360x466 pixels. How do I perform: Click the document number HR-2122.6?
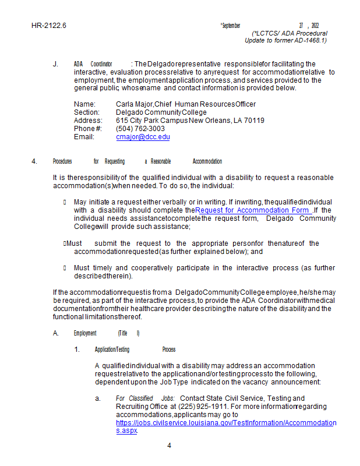coord(49,26)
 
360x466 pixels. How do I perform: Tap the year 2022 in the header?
coord(315,26)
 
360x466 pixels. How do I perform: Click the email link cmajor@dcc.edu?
coord(143,137)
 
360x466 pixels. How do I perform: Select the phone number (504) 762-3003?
coord(140,129)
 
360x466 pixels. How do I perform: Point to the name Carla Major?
coord(130,104)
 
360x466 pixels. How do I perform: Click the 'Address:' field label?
coord(88,121)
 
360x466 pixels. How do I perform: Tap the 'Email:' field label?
coord(84,137)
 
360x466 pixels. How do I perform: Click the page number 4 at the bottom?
coord(170,446)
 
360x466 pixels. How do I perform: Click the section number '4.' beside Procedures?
coord(34,161)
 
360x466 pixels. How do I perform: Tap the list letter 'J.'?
coord(55,64)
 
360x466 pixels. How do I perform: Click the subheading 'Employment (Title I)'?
coord(107,333)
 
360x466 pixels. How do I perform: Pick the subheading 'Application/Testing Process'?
coord(135,349)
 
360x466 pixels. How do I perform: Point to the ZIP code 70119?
coord(253,121)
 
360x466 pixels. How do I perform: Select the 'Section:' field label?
coord(87,112)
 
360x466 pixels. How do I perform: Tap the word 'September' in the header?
coord(231,26)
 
